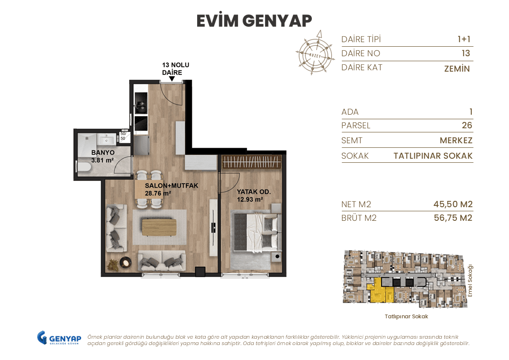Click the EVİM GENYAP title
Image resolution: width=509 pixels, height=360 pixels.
pos(254,21)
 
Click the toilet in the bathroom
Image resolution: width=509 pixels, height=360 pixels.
pos(84,167)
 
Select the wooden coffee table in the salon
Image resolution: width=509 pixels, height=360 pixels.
pos(159,227)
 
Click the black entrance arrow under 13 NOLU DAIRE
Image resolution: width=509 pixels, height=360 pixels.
pos(172,79)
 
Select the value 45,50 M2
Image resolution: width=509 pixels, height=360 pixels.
pos(453,204)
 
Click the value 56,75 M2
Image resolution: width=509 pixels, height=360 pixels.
pos(453,218)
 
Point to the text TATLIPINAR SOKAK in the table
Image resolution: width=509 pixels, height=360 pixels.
pos(433,156)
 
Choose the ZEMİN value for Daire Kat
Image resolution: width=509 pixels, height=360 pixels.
pos(457,69)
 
